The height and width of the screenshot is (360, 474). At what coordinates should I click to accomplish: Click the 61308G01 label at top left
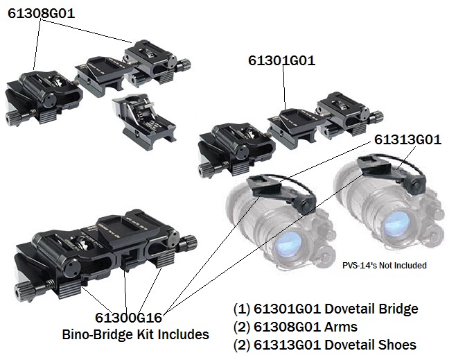tap(41, 13)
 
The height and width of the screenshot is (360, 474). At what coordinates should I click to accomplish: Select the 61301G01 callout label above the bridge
tap(281, 60)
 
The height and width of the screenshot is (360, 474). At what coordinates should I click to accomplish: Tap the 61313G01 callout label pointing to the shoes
tap(407, 140)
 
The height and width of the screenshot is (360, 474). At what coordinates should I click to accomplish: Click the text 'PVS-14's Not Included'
tap(384, 265)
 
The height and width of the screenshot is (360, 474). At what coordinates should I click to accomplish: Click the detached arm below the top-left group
tap(142, 118)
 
